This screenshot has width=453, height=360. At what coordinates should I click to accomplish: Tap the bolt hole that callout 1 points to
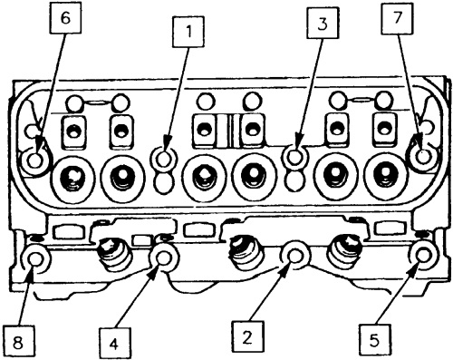(164, 160)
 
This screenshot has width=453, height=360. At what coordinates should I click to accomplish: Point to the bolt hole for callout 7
(422, 157)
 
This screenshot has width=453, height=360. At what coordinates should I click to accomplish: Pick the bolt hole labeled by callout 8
(35, 260)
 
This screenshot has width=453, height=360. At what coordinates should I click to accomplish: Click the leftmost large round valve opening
(73, 178)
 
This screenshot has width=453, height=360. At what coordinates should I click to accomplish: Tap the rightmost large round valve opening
(385, 178)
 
